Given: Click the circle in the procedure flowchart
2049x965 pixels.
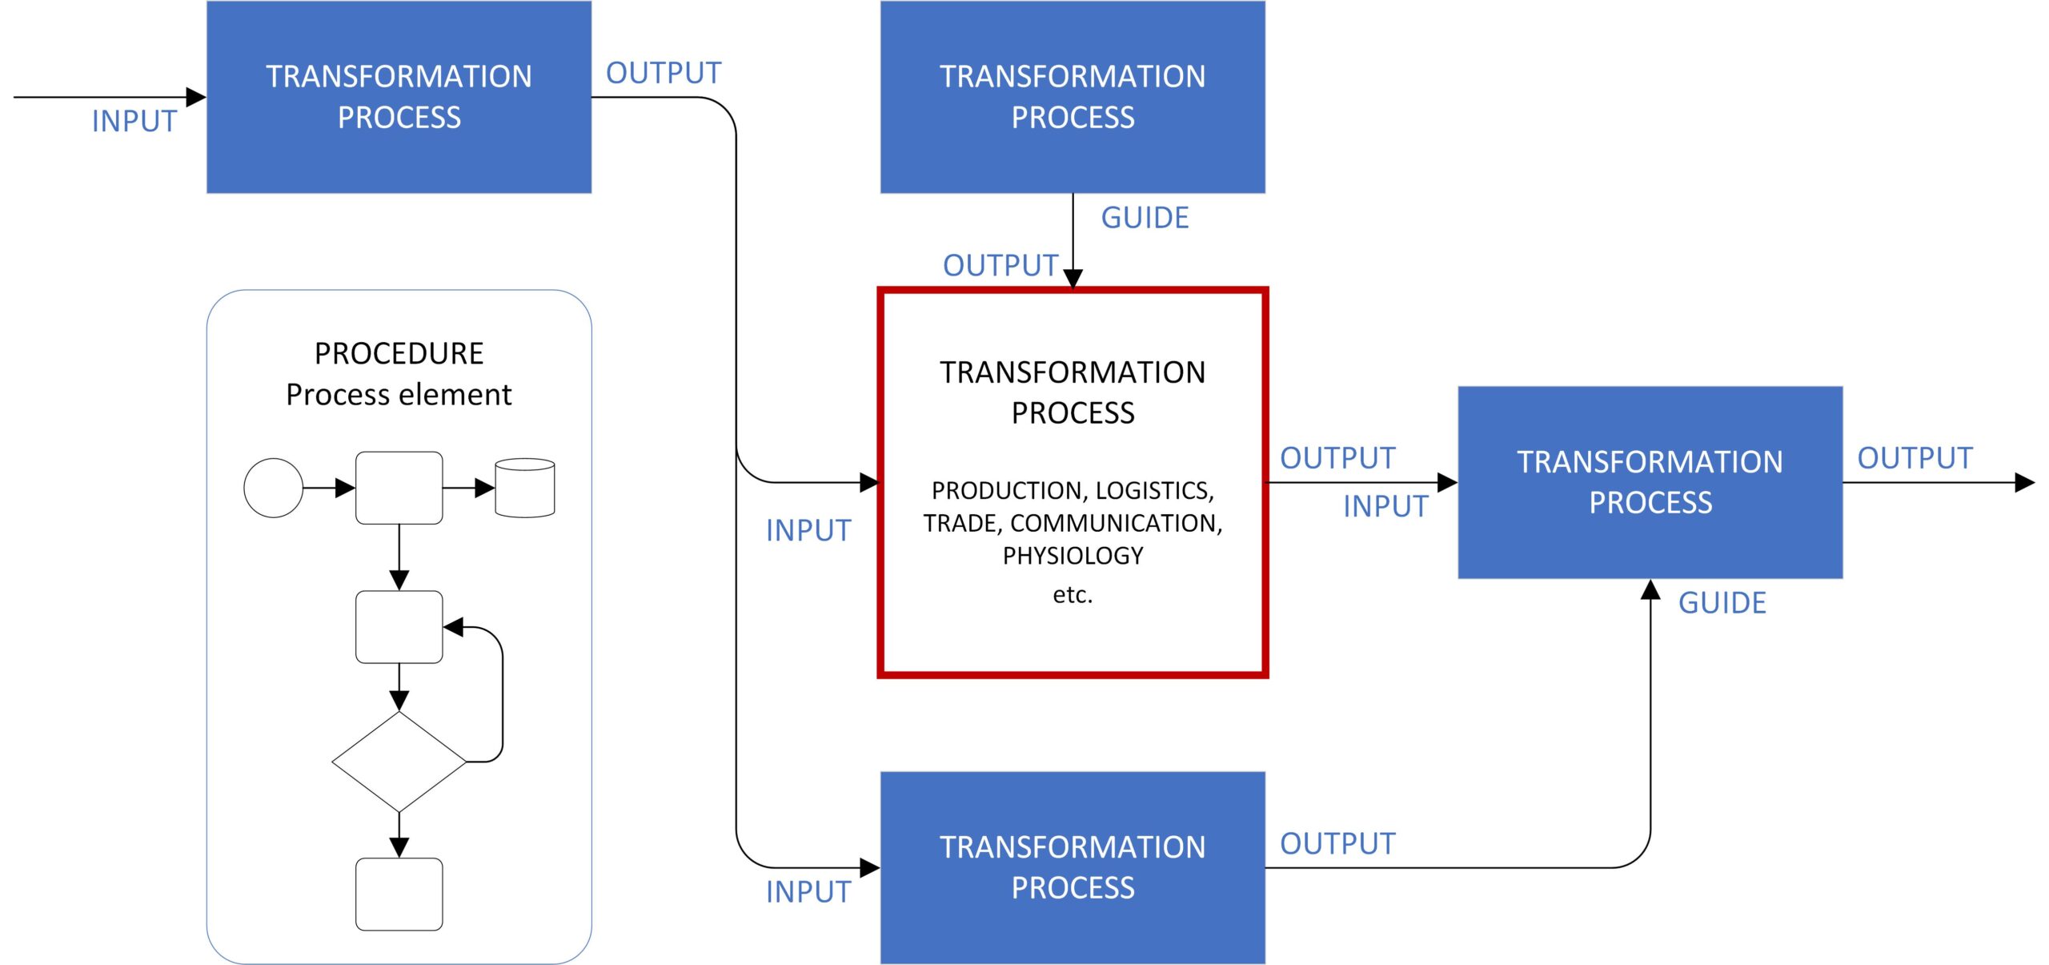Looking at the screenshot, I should tap(273, 488).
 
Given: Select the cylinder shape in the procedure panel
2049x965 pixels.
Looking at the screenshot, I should tap(525, 488).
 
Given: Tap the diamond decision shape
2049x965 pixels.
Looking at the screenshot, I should tap(399, 762).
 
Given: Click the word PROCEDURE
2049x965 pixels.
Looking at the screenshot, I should tap(399, 353).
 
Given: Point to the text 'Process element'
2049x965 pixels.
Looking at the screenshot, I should tap(399, 395).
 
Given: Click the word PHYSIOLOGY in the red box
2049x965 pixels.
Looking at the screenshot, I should tap(1073, 556).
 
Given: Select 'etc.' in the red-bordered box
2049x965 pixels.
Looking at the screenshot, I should tap(1073, 594).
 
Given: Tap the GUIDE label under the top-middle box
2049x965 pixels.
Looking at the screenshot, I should tap(1145, 218).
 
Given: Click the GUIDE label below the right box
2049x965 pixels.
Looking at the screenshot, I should tap(1722, 603).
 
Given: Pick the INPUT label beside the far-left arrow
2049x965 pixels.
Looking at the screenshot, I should tap(134, 122).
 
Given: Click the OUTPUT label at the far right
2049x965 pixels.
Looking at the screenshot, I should tap(1915, 458).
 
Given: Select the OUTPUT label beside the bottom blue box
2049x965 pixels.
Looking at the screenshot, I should tap(1337, 843).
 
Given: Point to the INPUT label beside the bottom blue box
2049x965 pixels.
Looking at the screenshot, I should tap(808, 891).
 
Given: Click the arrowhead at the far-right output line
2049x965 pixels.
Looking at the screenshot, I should tap(2024, 482).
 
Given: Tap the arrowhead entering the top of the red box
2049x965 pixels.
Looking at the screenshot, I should tap(1073, 278).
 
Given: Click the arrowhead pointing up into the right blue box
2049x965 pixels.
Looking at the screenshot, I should tap(1650, 590).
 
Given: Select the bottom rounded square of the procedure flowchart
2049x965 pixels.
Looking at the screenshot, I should tap(399, 894).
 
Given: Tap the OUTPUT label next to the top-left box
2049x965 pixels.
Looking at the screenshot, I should tap(664, 73).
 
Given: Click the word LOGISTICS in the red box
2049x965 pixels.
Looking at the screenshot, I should tap(1153, 490).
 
